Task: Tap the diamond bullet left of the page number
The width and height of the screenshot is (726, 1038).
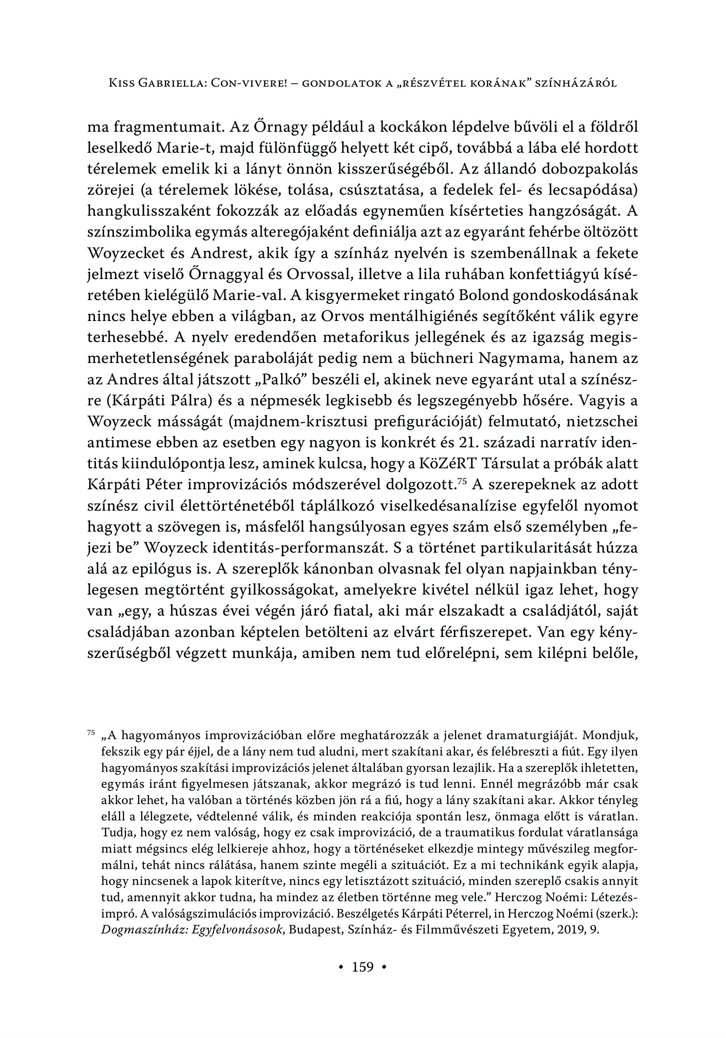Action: pyautogui.click(x=341, y=968)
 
